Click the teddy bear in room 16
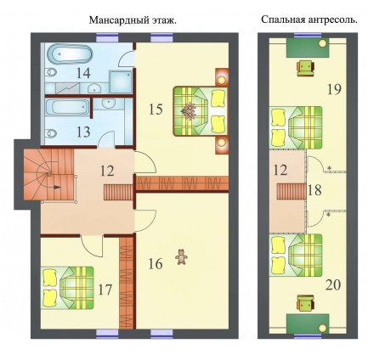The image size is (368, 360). coord(181,257)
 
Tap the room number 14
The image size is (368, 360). coord(83,73)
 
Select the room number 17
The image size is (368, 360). coord(105,290)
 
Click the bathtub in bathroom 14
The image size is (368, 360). coord(70,54)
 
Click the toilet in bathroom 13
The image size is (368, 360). coord(51,132)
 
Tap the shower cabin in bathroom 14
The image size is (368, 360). coord(121,82)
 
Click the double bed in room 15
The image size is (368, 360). coord(200,111)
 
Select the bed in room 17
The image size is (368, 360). coord(68,288)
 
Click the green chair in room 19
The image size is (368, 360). coord(305,69)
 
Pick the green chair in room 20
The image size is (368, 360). coord(305,303)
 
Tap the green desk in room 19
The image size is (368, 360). coord(308,48)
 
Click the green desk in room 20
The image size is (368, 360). coord(308,323)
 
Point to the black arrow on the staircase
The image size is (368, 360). coord(57,187)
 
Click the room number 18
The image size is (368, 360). coord(314,190)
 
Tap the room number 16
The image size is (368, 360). coord(156,264)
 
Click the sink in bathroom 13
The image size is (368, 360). coord(108,104)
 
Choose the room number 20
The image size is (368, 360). coord(333,284)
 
